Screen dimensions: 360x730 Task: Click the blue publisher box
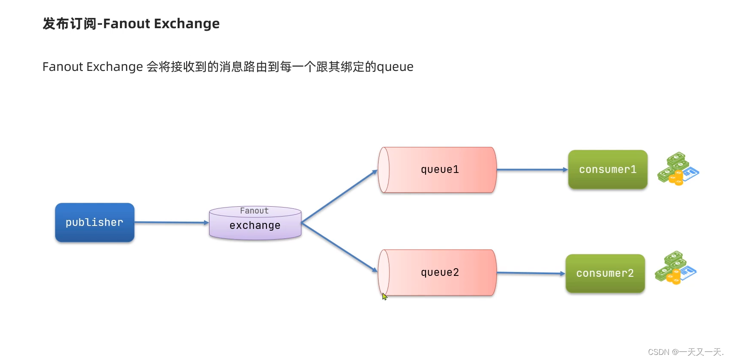(94, 222)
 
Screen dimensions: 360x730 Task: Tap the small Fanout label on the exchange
(254, 211)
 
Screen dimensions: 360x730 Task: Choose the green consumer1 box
(607, 170)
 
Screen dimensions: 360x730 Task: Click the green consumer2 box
(605, 273)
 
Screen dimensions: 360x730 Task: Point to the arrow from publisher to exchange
(171, 222)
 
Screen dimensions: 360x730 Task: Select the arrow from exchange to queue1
(339, 196)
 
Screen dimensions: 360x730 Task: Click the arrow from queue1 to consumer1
(531, 170)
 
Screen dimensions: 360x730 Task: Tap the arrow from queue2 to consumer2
(531, 273)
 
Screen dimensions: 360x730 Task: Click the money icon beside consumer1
(677, 169)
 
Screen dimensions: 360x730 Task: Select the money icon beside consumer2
(675, 268)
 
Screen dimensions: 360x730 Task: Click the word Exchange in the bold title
(187, 23)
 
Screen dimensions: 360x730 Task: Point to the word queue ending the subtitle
(395, 67)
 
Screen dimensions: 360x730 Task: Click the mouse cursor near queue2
(384, 296)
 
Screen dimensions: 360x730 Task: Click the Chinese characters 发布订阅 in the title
(70, 23)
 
